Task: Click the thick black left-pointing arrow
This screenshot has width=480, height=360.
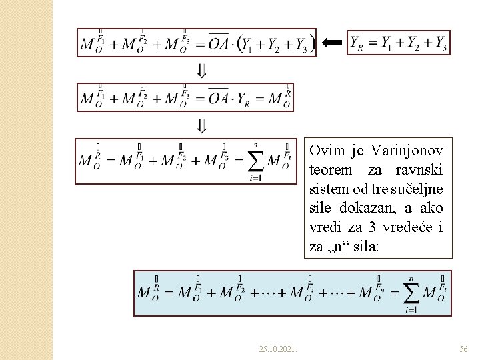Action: point(332,43)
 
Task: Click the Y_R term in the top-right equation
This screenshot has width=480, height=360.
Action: point(357,43)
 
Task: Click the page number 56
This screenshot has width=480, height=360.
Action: point(464,349)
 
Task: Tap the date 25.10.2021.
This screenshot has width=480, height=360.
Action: point(279,349)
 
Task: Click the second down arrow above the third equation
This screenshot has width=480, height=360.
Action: point(201,125)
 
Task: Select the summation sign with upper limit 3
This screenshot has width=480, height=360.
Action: point(255,161)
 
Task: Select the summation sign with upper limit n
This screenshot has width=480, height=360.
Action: point(411,293)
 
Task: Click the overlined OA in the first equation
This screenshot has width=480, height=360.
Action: point(218,43)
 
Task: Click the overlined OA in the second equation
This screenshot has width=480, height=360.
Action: point(218,99)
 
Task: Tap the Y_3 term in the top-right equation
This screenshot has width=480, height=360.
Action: point(440,43)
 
